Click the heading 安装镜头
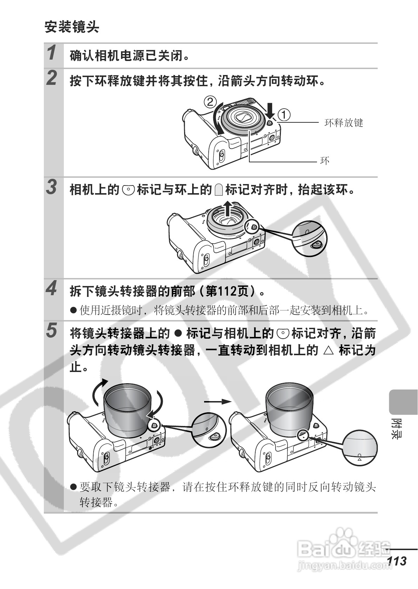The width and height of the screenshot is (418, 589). [x=72, y=27]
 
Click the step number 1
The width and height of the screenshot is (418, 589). [x=52, y=53]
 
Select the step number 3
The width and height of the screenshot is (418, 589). [x=52, y=187]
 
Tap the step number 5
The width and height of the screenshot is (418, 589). [x=52, y=331]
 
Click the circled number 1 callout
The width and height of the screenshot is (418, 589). [x=284, y=115]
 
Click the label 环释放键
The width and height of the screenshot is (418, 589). [x=344, y=123]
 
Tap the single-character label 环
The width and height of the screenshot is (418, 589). [x=325, y=161]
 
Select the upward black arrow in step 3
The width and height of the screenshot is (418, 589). [x=228, y=209]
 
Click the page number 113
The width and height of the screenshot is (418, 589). [x=397, y=561]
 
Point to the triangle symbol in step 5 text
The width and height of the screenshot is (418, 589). [x=329, y=350]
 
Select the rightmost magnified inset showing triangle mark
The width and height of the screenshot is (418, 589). [x=360, y=448]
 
